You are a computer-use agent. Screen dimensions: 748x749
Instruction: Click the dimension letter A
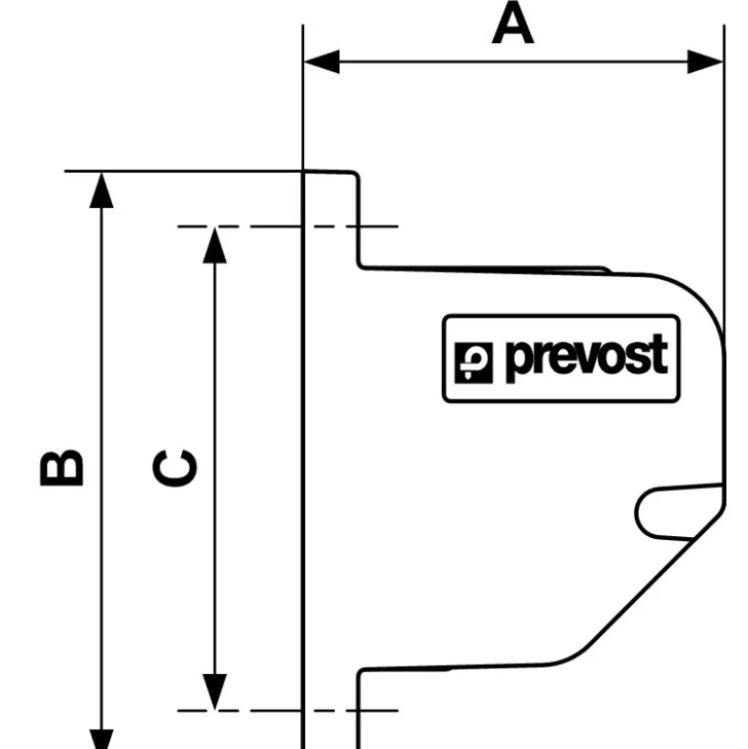pos(512,23)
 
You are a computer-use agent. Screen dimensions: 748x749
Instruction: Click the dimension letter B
pos(61,468)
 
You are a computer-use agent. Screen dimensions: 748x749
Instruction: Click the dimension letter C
pos(175,468)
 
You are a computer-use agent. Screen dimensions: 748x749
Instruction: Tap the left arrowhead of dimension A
pos(321,61)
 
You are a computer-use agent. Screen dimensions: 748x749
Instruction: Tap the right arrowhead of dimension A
pos(705,61)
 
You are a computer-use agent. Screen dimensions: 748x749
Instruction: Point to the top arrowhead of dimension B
pos(102,191)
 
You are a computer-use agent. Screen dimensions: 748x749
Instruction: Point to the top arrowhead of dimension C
pos(215,246)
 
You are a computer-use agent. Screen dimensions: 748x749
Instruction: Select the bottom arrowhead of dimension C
pos(215,691)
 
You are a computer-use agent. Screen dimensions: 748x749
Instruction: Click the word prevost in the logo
pos(587,358)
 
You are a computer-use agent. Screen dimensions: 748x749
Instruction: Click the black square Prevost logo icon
pos(474,363)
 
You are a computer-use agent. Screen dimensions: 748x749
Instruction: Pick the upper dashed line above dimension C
pos(288,226)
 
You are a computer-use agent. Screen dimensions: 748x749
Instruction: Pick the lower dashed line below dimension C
pos(288,711)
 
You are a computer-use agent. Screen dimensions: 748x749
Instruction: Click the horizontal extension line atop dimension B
pos(184,171)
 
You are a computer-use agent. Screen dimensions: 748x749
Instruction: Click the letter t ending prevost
pos(661,354)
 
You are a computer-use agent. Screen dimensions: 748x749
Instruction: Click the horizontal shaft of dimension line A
pos(513,61)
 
